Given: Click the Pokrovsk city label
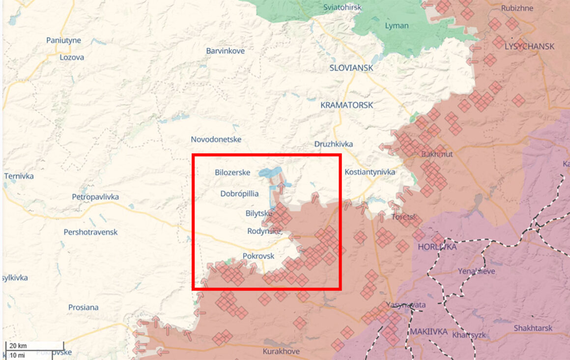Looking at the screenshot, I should click(258, 256).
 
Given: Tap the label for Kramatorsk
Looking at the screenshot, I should click(346, 105).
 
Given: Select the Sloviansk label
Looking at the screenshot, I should click(351, 68).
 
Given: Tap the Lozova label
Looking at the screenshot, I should click(71, 57).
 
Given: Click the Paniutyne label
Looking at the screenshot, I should click(63, 40).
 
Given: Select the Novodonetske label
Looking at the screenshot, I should click(216, 140).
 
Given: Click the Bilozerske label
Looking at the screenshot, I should click(232, 173).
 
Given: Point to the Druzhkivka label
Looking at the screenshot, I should click(334, 144).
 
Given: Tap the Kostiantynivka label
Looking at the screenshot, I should click(370, 172).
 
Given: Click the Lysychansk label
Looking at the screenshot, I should click(529, 46).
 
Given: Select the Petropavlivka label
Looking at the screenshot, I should click(95, 197).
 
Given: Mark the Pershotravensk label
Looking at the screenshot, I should click(90, 232).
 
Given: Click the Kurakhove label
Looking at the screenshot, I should click(281, 352).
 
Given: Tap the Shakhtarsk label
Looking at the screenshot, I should click(533, 328).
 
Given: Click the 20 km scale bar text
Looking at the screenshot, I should click(18, 345).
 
